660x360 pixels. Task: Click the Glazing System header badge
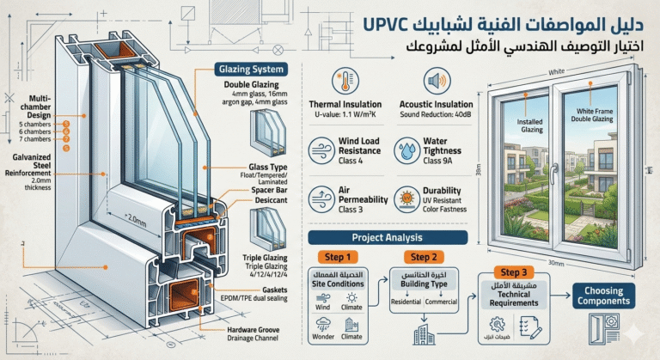pyautogui.click(x=248, y=70)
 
